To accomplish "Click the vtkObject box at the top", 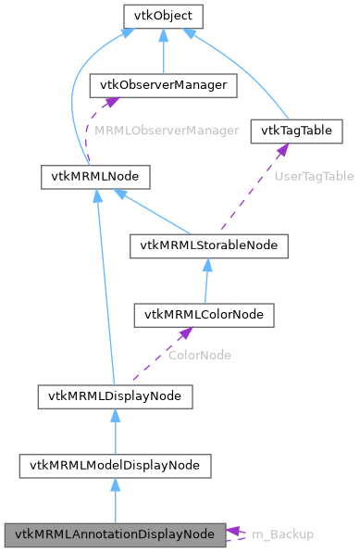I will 163,16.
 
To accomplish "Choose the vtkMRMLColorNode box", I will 205,315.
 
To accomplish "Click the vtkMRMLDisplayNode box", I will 114,396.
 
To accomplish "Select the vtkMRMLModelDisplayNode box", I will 114,465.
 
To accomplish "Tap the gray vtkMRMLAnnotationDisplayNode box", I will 114,534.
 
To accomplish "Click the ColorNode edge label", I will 199,355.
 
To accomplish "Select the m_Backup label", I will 282,534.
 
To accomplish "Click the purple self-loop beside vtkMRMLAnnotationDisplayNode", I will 238,534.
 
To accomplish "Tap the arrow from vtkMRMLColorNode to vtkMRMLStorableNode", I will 206,280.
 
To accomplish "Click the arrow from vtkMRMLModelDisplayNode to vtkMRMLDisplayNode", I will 114,431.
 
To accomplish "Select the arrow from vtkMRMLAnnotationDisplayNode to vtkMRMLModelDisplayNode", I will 114,500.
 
